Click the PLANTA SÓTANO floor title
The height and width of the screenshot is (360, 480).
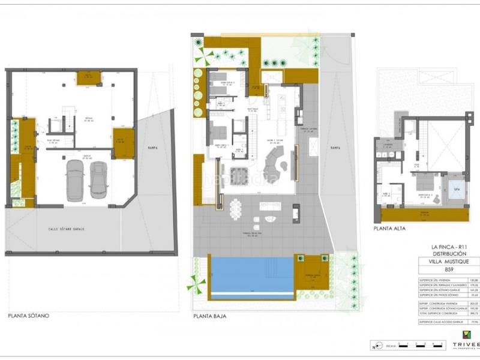tap(29, 315)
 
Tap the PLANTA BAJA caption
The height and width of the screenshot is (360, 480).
tap(209, 315)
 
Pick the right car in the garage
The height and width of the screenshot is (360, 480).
tap(98, 179)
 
